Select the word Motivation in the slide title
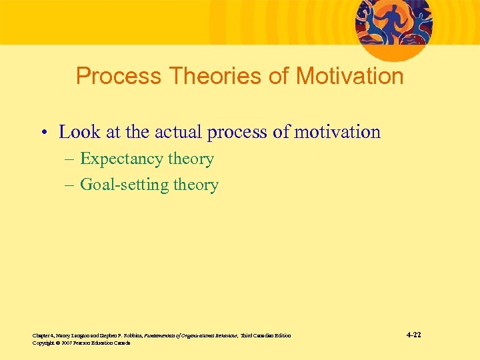(349, 76)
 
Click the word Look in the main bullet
(80, 132)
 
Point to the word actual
(178, 132)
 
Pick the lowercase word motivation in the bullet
(337, 132)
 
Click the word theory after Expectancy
(191, 159)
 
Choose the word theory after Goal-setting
(196, 185)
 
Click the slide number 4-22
(413, 335)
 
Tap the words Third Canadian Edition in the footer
(265, 335)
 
